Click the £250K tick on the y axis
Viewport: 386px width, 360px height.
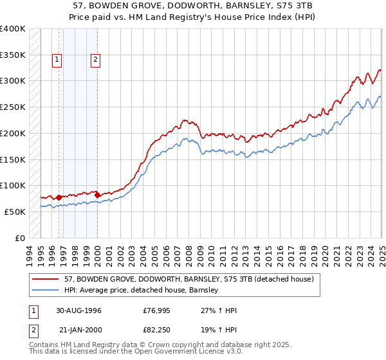[12, 107]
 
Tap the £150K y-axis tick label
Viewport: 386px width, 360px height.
[12, 159]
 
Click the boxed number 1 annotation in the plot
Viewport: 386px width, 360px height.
[57, 60]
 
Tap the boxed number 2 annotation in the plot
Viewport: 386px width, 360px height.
[95, 60]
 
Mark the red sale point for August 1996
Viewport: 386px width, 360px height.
[59, 197]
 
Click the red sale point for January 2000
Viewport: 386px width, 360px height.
[97, 195]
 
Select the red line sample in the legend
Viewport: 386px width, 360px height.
[46, 280]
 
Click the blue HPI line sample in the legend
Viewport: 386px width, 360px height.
[46, 291]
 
